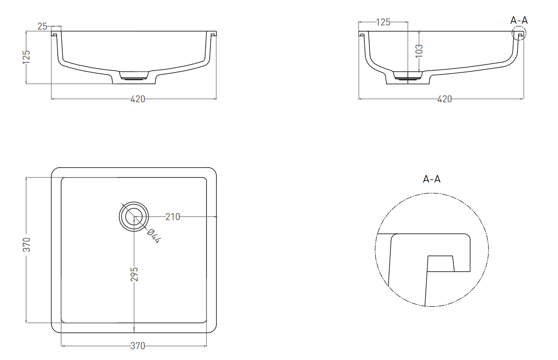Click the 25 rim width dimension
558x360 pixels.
pos(42,26)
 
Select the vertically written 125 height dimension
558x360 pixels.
pos(26,57)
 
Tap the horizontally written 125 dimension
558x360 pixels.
pos(383,22)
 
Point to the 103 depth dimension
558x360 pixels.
pos(419,50)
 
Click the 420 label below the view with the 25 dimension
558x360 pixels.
pos(138,99)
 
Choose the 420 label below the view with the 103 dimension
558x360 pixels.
pos(444,99)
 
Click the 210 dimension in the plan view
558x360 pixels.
pos(173,216)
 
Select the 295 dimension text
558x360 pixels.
pos(134,274)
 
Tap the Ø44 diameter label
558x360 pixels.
pos(154,236)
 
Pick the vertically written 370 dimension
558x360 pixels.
pos(27,245)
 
